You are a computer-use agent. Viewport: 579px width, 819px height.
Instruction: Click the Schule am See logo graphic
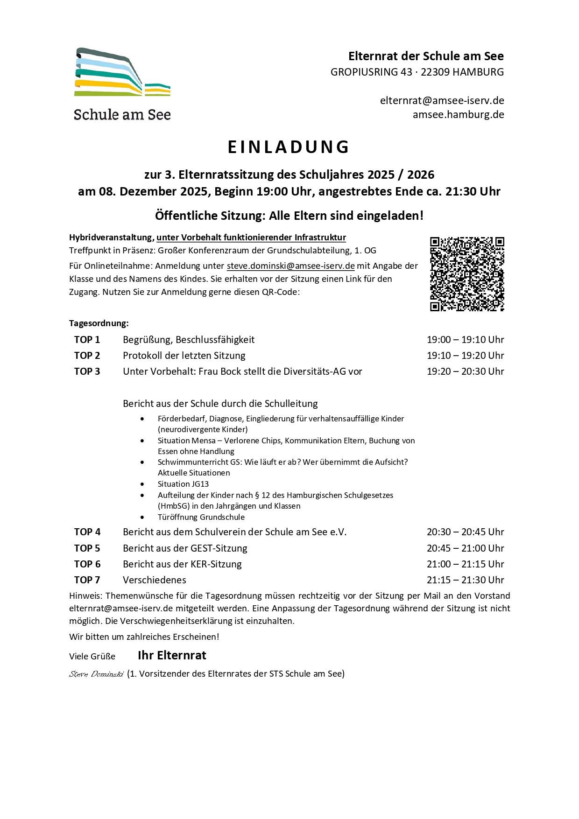click(x=122, y=72)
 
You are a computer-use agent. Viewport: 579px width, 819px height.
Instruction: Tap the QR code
click(x=466, y=274)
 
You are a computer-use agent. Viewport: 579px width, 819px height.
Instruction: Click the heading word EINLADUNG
click(x=289, y=147)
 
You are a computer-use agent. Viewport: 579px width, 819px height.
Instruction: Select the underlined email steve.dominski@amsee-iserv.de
click(x=290, y=266)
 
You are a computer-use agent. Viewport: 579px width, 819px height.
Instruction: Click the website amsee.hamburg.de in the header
click(x=458, y=115)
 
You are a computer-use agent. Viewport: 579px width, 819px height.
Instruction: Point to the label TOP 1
click(x=87, y=340)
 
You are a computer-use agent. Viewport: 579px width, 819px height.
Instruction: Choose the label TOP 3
click(x=87, y=371)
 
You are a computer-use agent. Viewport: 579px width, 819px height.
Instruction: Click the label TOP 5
click(x=87, y=548)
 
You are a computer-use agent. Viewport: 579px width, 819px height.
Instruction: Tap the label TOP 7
click(x=87, y=580)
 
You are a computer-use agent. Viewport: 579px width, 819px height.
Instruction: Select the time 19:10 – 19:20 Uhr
click(x=465, y=356)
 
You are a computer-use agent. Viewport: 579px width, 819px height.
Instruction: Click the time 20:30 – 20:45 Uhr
click(x=465, y=532)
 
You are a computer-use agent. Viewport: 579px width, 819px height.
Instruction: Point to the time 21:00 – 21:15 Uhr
click(x=465, y=564)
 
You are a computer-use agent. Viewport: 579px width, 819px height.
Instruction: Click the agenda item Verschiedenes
click(x=154, y=580)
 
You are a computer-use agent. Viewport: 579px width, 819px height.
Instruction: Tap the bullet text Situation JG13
click(x=183, y=484)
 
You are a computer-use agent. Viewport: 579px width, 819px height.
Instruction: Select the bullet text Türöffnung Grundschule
click(x=201, y=517)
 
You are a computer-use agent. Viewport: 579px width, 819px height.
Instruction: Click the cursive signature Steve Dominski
click(x=96, y=674)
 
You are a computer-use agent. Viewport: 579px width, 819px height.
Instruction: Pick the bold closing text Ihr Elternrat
click(x=172, y=656)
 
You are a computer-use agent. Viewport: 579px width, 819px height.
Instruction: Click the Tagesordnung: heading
click(x=99, y=323)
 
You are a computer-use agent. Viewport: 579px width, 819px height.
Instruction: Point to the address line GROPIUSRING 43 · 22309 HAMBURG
click(x=417, y=72)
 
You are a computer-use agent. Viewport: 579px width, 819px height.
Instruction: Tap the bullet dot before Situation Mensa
click(x=142, y=441)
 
